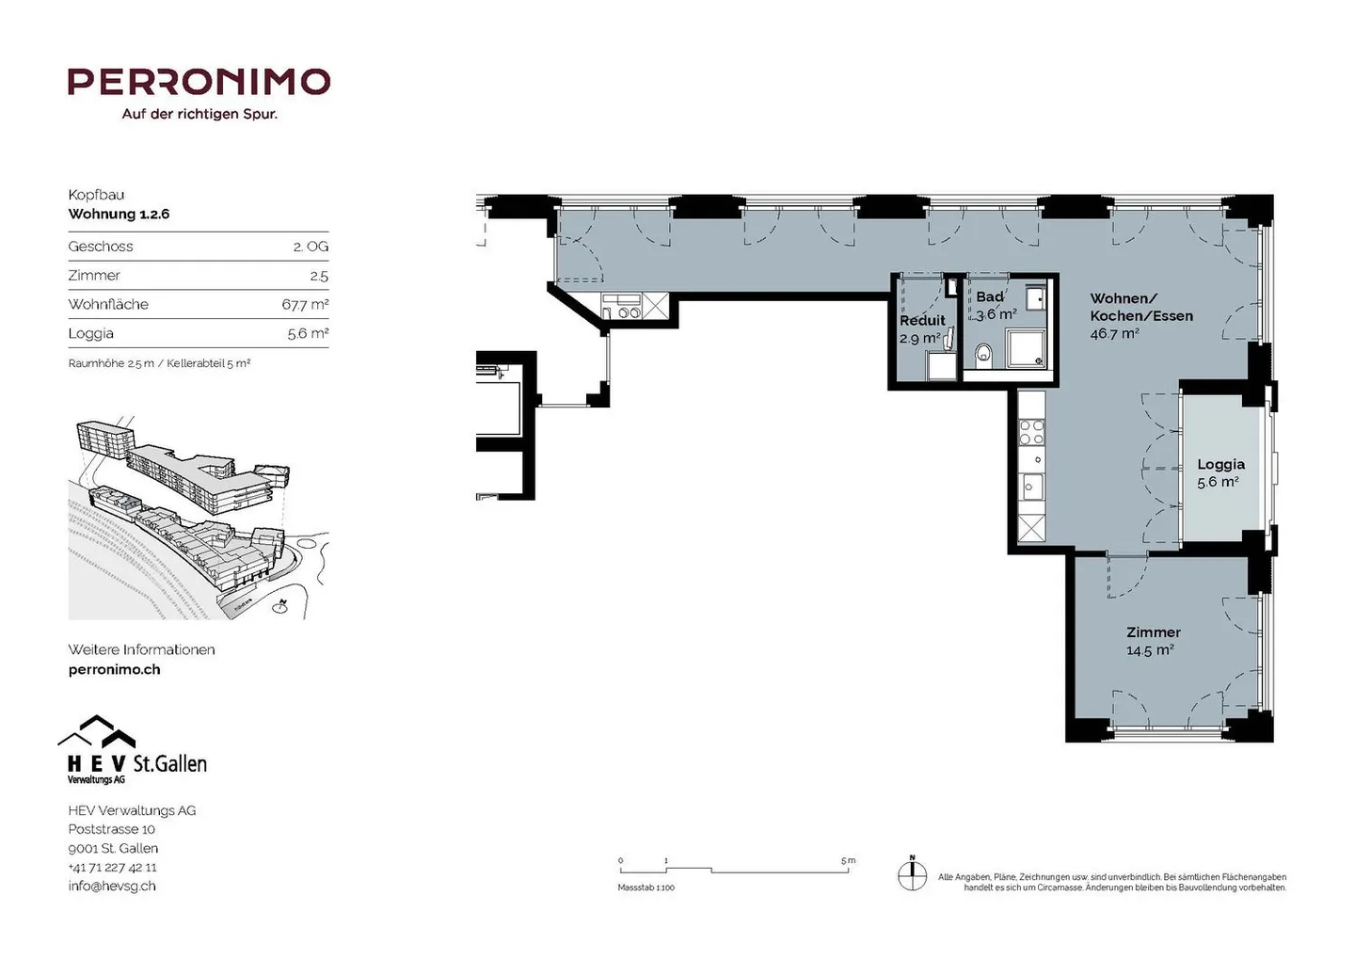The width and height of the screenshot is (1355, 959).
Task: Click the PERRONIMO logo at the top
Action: pyautogui.click(x=199, y=82)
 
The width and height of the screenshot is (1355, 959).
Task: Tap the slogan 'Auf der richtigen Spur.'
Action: pyautogui.click(x=199, y=114)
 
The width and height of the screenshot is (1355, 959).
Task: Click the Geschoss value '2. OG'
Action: pyautogui.click(x=311, y=247)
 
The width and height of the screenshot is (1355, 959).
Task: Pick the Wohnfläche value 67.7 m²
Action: pyautogui.click(x=305, y=304)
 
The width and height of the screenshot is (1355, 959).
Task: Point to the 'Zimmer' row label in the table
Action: pyautogui.click(x=94, y=275)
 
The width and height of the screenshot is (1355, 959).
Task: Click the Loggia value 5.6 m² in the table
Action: pyautogui.click(x=307, y=333)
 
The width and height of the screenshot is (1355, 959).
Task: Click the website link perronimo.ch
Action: pyautogui.click(x=114, y=669)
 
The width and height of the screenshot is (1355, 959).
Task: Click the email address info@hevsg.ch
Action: pyautogui.click(x=112, y=886)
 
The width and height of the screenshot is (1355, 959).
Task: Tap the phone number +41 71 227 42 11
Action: pyautogui.click(x=112, y=867)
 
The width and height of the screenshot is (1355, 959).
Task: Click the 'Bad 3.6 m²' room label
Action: pyautogui.click(x=993, y=306)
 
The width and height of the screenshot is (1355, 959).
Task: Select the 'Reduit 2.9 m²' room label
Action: pyautogui.click(x=921, y=329)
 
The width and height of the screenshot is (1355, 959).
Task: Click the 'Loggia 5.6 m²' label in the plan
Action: pyautogui.click(x=1219, y=472)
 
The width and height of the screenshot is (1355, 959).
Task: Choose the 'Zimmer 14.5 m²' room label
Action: pyautogui.click(x=1153, y=641)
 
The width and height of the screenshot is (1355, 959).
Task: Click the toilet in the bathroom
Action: pyautogui.click(x=984, y=354)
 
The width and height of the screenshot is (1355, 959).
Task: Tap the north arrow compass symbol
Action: pyautogui.click(x=912, y=872)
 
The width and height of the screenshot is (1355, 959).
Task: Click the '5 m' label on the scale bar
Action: pyautogui.click(x=848, y=860)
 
